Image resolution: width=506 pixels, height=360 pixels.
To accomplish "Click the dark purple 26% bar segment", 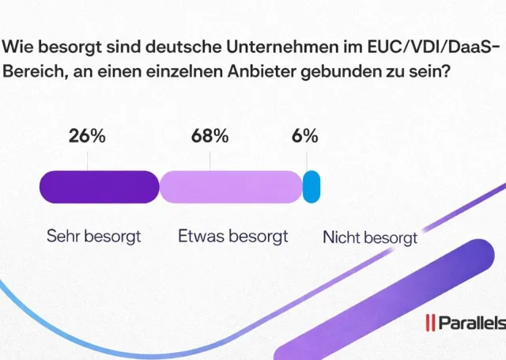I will (99, 187).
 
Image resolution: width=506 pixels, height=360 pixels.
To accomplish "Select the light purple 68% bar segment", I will (231, 187).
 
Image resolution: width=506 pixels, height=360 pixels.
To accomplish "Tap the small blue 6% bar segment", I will (312, 187).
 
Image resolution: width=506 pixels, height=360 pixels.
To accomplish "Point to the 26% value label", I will (87, 135).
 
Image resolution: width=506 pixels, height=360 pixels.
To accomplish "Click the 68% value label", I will (210, 135).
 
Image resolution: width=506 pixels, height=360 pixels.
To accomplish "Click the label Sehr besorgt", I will (93, 236).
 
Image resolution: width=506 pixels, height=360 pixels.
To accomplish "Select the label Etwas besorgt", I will (233, 236).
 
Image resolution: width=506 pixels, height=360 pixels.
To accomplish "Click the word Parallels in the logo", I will (471, 324).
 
